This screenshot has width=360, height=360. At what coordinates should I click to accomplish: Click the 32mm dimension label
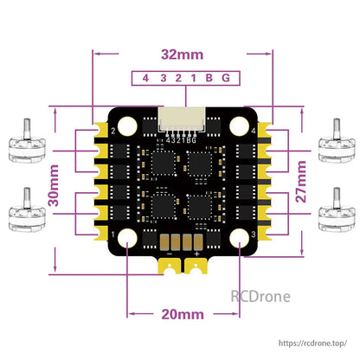click(x=180, y=54)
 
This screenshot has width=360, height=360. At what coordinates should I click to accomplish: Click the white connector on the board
click(x=179, y=119)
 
